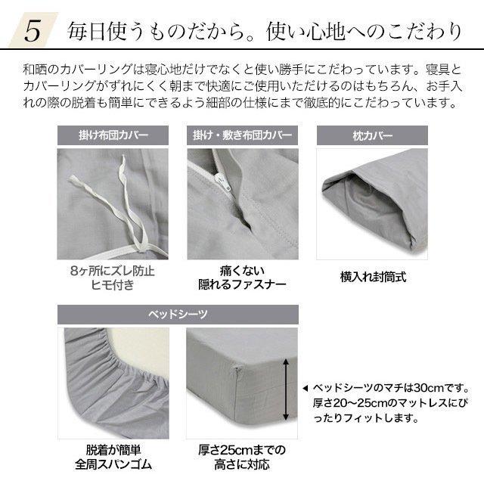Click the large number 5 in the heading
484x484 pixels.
(33, 30)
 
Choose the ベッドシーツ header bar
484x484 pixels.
(178, 314)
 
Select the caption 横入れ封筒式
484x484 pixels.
(373, 277)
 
